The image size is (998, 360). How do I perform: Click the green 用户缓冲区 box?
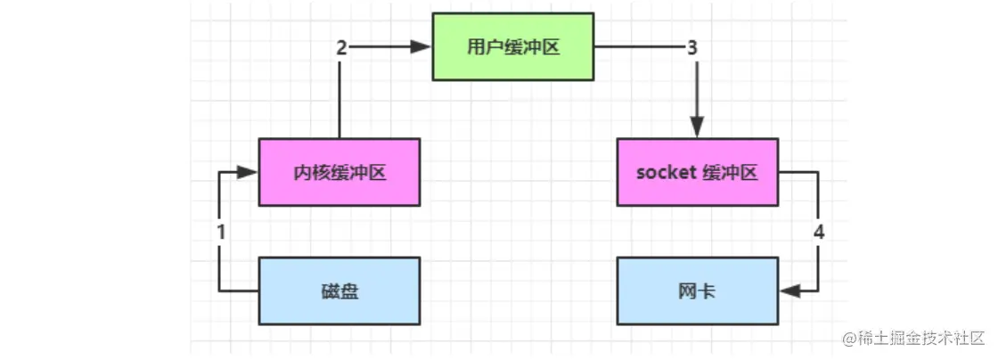tap(513, 46)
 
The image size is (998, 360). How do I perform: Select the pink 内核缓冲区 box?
tap(339, 173)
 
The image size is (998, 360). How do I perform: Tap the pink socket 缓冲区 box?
tap(697, 173)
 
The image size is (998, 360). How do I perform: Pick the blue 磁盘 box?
tap(339, 290)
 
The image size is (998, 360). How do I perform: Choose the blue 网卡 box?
tap(697, 290)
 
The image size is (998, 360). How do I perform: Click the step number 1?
tap(220, 232)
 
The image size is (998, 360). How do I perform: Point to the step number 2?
tap(340, 48)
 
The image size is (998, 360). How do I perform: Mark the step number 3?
tap(693, 48)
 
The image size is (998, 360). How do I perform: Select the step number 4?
tap(819, 232)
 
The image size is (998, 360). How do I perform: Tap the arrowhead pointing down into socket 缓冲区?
tap(697, 130)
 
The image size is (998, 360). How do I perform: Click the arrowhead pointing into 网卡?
tap(787, 290)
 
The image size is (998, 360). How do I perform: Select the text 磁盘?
tap(339, 290)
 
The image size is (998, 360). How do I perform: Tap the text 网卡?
tap(697, 290)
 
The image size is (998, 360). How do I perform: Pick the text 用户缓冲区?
tap(513, 47)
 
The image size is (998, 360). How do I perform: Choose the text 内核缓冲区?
tap(339, 173)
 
